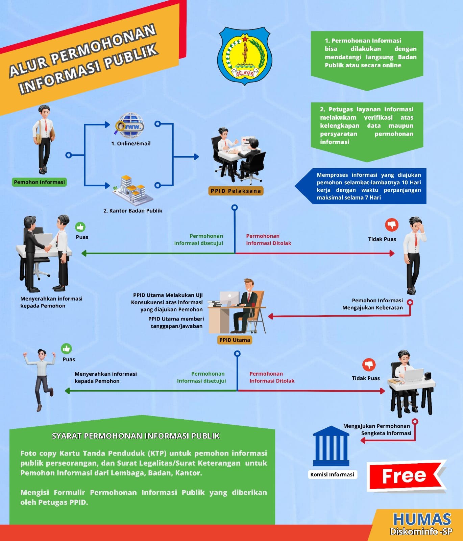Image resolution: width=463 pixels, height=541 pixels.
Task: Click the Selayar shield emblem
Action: (245, 55)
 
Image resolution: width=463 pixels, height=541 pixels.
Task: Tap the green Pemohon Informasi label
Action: (39, 182)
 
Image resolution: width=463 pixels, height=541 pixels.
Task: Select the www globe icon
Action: (130, 125)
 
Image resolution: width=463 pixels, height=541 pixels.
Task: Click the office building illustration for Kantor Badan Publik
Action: (133, 190)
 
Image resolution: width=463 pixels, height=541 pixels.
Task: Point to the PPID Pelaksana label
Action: (236, 191)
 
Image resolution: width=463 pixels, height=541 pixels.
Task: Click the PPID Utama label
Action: (235, 340)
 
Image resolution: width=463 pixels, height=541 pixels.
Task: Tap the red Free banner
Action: (407, 476)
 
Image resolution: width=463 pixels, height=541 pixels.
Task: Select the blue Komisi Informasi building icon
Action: (331, 446)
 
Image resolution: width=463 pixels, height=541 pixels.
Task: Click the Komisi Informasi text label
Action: (332, 475)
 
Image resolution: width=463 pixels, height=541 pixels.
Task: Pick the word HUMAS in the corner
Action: (422, 519)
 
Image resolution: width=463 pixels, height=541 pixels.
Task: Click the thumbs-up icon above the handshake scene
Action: (80, 227)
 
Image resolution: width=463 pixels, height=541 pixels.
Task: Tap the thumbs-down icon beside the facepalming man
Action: (392, 225)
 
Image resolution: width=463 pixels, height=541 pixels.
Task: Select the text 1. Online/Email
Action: (131, 143)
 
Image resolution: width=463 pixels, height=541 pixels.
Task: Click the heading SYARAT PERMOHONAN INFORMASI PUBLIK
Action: (136, 436)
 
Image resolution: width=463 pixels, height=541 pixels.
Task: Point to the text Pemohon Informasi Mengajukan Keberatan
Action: (373, 304)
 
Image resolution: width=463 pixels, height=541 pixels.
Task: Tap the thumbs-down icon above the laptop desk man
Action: (369, 365)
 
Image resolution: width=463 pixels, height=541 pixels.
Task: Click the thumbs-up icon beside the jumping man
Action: (66, 349)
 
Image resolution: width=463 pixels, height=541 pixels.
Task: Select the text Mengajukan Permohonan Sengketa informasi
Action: (377, 430)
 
